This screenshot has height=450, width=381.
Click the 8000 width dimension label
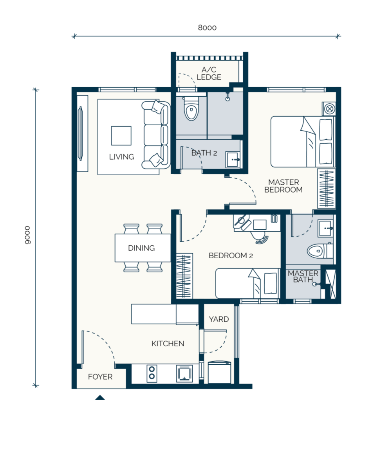tap(207, 28)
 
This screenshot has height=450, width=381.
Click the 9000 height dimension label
tap(27, 235)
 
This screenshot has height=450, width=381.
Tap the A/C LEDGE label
tap(209, 74)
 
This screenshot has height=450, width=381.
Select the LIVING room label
tap(121, 157)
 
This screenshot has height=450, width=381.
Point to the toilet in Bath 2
tap(191, 108)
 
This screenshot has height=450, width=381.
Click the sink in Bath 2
tap(233, 160)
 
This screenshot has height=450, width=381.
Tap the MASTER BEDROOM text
tap(283, 186)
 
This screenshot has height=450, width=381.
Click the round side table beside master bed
tap(329, 109)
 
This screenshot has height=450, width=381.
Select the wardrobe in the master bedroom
tap(327, 188)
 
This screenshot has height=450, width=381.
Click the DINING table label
tap(141, 248)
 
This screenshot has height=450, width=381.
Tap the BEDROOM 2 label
tap(231, 256)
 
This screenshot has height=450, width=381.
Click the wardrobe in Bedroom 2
tap(184, 276)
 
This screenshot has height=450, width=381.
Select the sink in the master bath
tap(325, 229)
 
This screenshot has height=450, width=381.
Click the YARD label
tap(219, 319)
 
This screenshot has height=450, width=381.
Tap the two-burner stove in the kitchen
tap(152, 373)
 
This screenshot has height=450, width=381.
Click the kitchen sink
tap(184, 374)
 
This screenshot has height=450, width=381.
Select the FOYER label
tap(100, 377)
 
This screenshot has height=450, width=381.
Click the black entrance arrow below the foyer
tap(100, 398)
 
